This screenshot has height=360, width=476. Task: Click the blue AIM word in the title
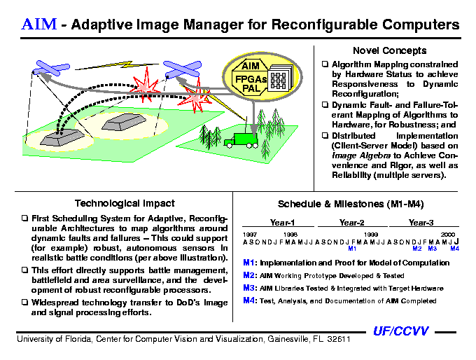[x=39, y=24]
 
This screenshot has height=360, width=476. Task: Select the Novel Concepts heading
[x=389, y=50]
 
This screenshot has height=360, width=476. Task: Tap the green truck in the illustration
[x=241, y=141]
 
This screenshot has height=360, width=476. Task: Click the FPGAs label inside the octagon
[x=251, y=79]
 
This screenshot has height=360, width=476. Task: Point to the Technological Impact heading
[x=125, y=203]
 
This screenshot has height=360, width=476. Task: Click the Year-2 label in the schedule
[x=352, y=223]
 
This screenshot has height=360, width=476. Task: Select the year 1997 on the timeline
[x=249, y=235]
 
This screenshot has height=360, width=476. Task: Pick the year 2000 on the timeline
[x=448, y=235]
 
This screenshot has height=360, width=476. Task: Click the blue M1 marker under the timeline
[x=352, y=249]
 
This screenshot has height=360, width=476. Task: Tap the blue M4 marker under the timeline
[x=455, y=249]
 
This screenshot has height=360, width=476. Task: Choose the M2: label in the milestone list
[x=251, y=275]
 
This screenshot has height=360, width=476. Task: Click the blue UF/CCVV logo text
[x=400, y=331]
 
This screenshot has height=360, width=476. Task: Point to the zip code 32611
[x=339, y=339]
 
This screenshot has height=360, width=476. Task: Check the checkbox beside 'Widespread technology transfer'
[x=24, y=302]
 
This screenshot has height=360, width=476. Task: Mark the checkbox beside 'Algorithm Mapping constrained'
[x=325, y=64]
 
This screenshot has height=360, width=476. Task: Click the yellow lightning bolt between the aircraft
[x=117, y=65]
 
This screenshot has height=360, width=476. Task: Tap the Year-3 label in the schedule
[x=421, y=223]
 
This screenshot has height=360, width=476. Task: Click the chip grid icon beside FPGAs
[x=279, y=80]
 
